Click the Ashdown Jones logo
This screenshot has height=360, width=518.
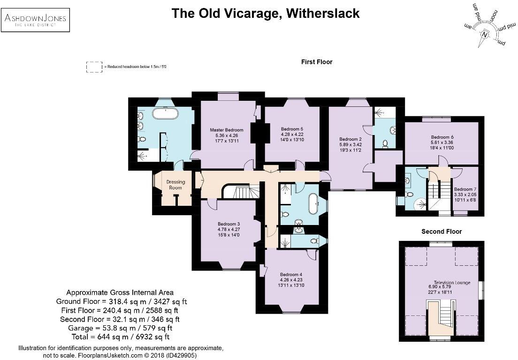click(35, 21)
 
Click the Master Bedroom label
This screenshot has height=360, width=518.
click(227, 130)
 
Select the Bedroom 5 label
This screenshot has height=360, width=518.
click(292, 129)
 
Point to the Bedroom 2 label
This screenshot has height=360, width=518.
click(350, 139)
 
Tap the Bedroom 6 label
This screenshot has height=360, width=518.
click(442, 137)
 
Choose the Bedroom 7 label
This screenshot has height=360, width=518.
click(465, 189)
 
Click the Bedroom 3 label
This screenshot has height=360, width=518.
click(229, 224)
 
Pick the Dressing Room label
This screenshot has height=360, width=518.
click(176, 185)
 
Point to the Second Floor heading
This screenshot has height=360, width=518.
click(441, 232)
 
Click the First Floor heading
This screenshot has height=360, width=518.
click(317, 62)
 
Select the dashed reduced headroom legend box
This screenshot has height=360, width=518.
click(94, 67)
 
